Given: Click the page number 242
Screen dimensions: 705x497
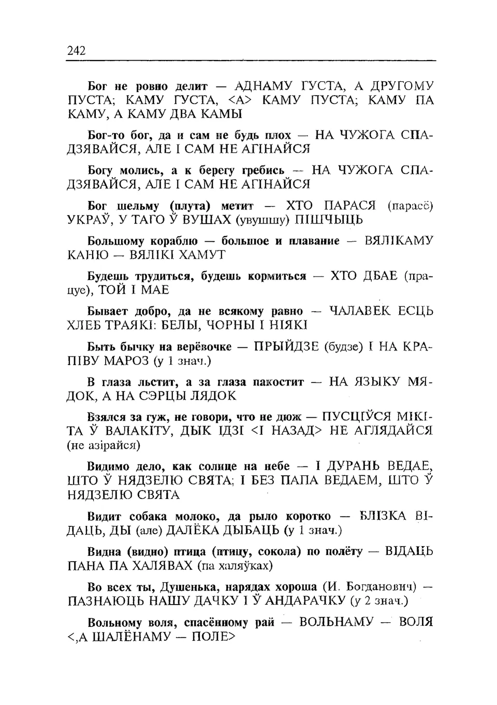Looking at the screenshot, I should [x=76, y=51].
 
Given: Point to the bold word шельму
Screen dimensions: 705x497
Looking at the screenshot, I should [x=138, y=205].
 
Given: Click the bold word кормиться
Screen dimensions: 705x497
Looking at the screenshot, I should [x=277, y=276].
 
